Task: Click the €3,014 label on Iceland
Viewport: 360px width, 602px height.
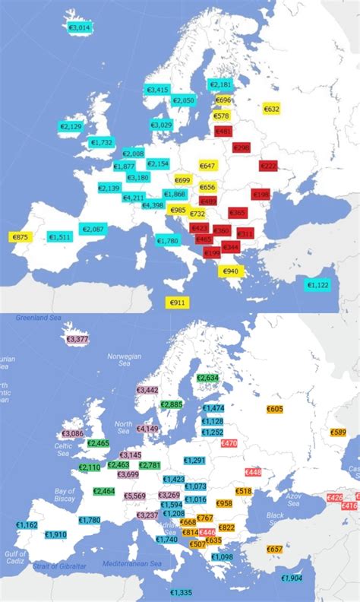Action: click(x=79, y=27)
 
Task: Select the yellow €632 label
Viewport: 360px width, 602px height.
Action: click(x=271, y=109)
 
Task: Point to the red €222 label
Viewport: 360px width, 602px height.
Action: click(x=269, y=166)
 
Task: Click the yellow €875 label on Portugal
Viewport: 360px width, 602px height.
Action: click(x=20, y=237)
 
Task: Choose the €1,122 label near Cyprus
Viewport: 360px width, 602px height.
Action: click(x=317, y=285)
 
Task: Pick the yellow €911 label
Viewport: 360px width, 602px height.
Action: click(x=177, y=303)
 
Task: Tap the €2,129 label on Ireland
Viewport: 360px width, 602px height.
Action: click(x=71, y=126)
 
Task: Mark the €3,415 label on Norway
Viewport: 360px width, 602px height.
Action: click(x=157, y=90)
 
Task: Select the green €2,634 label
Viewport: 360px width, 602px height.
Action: click(x=207, y=378)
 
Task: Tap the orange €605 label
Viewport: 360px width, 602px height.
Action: click(x=275, y=409)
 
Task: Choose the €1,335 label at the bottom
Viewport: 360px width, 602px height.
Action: click(x=181, y=592)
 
